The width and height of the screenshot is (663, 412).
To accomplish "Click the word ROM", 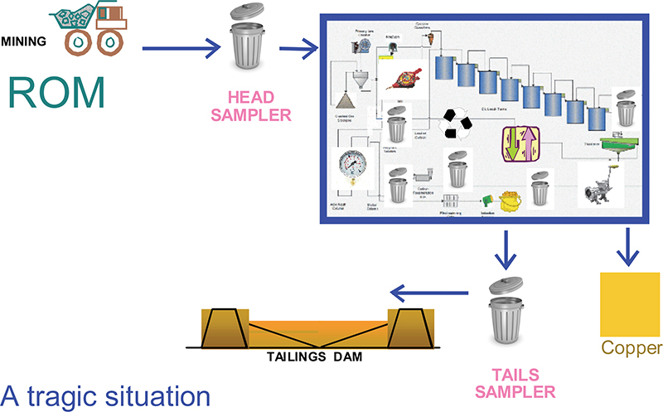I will pos(57,93).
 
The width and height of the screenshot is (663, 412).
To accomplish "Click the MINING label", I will pos(24,38).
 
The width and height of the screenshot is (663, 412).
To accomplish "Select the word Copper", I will pos(632,347).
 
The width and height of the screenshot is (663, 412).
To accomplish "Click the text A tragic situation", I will pos(106,395).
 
